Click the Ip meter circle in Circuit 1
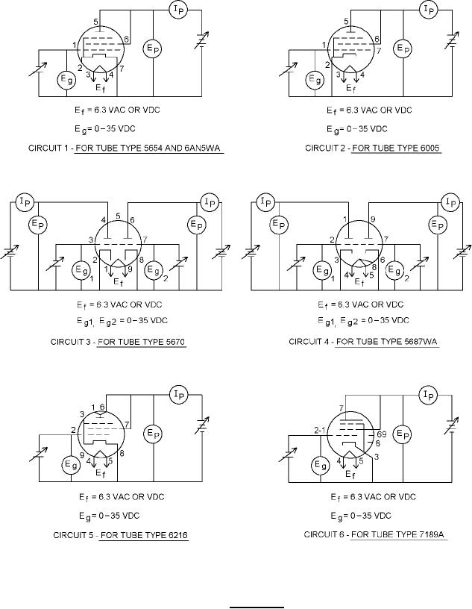pos(178,9)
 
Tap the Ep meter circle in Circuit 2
pos(402,48)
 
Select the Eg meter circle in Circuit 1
pos(66,79)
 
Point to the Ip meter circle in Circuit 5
pos(177,394)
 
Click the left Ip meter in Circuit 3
pos(25,201)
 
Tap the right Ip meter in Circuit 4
pos(450,202)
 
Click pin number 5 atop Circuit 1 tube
pos(95,22)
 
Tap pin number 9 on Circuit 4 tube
pos(372,219)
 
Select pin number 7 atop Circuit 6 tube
pos(341,407)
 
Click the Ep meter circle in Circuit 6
pos(403,434)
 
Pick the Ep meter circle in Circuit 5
pos(152,434)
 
